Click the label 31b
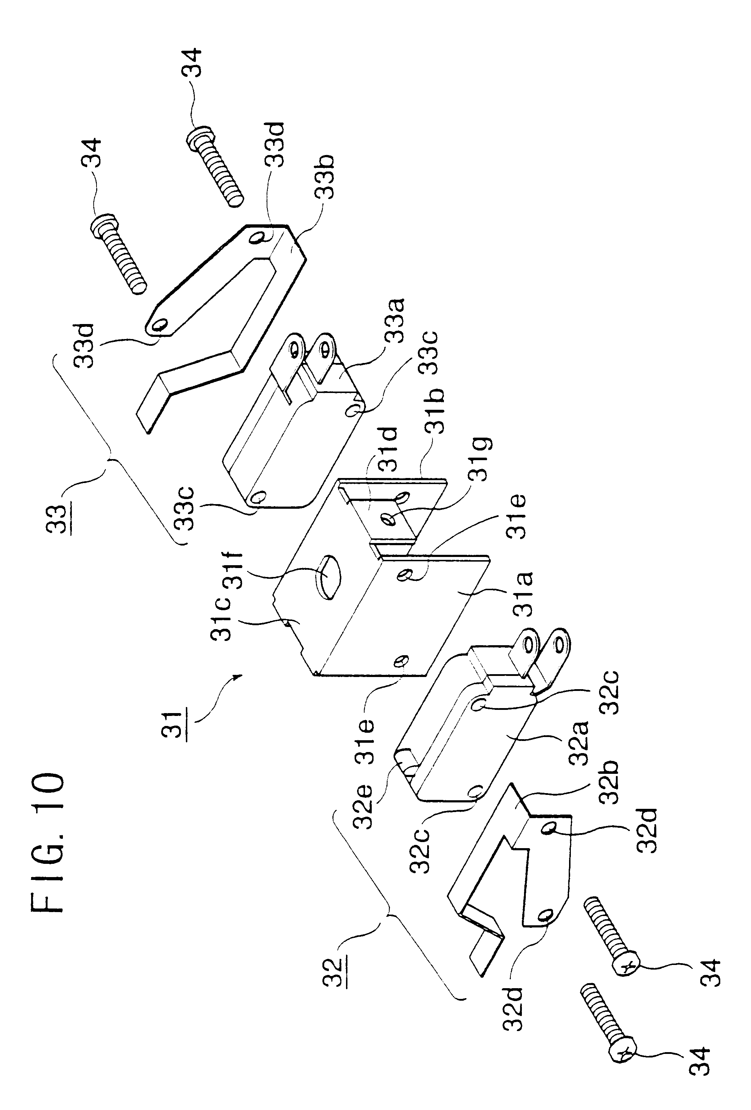tap(436, 412)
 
